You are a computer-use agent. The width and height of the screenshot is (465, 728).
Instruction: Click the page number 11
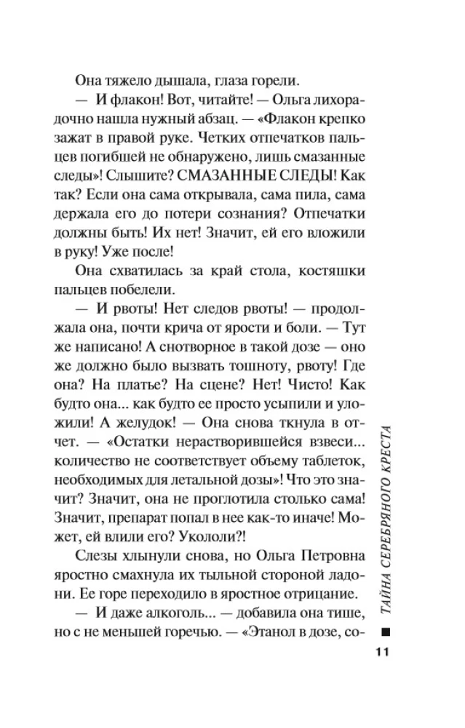pyautogui.click(x=383, y=652)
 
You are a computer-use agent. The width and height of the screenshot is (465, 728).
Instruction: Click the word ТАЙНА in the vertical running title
pyautogui.click(x=385, y=593)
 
